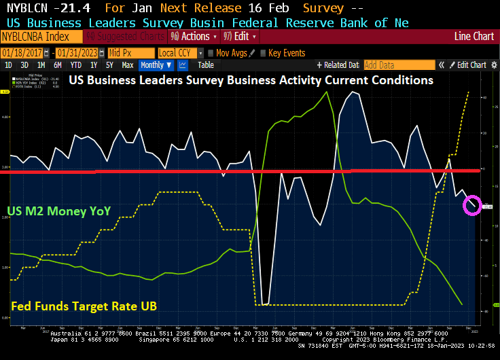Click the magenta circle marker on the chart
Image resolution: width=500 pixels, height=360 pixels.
tap(473, 204)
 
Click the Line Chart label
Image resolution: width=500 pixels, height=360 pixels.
tap(473, 36)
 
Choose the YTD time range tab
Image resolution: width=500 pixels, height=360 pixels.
tap(75, 65)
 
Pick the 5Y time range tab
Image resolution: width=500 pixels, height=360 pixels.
tap(109, 65)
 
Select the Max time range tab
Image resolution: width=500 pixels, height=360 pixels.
tap(127, 65)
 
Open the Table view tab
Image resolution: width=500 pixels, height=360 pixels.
tap(205, 65)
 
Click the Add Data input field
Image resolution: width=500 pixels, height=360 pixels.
tap(399, 65)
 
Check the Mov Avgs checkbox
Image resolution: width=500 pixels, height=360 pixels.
tap(211, 53)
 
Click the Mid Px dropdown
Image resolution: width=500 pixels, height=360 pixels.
tap(130, 53)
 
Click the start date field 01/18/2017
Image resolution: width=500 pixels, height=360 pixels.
tap(26, 53)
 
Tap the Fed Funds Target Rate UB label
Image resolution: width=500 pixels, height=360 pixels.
tap(84, 307)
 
